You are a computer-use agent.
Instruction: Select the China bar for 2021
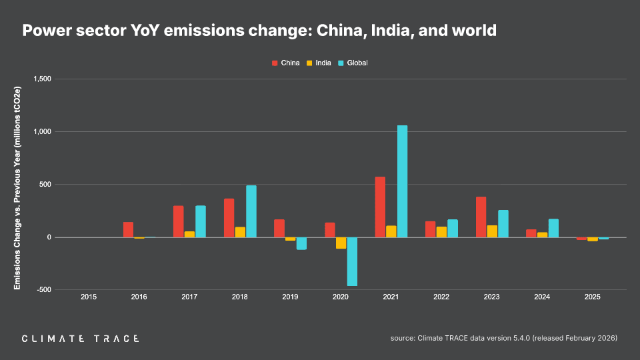(380, 207)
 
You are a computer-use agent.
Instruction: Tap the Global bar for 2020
(352, 261)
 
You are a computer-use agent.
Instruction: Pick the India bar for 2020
(341, 243)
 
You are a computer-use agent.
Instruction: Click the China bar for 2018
(229, 218)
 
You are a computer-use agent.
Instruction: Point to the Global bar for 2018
(251, 211)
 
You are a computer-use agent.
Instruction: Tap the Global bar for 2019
(301, 243)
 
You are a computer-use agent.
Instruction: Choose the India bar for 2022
(441, 232)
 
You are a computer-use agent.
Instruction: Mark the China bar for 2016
(128, 229)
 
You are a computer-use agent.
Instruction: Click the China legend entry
(285, 63)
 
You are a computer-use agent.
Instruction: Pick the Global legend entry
(353, 63)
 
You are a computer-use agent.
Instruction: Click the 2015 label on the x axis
(89, 297)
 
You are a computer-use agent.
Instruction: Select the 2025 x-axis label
(592, 297)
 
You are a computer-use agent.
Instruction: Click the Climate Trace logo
(81, 339)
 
